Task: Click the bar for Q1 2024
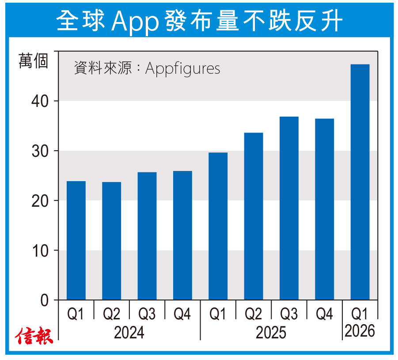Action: (76, 240)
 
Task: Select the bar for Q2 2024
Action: (111, 241)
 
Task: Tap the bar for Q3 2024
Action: (147, 236)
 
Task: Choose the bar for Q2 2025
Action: (254, 216)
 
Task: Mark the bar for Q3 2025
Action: (289, 208)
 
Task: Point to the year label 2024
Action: (129, 332)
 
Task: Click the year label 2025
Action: (271, 332)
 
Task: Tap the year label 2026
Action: (360, 330)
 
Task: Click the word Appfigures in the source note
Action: (182, 68)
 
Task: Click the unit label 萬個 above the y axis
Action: (33, 61)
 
